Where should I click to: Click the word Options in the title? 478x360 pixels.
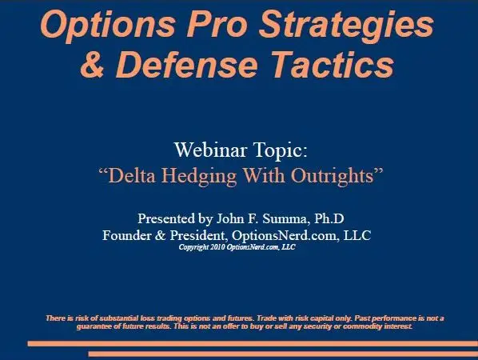(x=108, y=26)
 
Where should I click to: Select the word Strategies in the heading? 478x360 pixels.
(x=346, y=26)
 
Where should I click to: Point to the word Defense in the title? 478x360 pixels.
(x=186, y=65)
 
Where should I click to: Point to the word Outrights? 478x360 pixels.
(x=333, y=176)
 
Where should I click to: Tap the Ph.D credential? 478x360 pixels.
(x=329, y=218)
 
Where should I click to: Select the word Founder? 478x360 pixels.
(x=126, y=235)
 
